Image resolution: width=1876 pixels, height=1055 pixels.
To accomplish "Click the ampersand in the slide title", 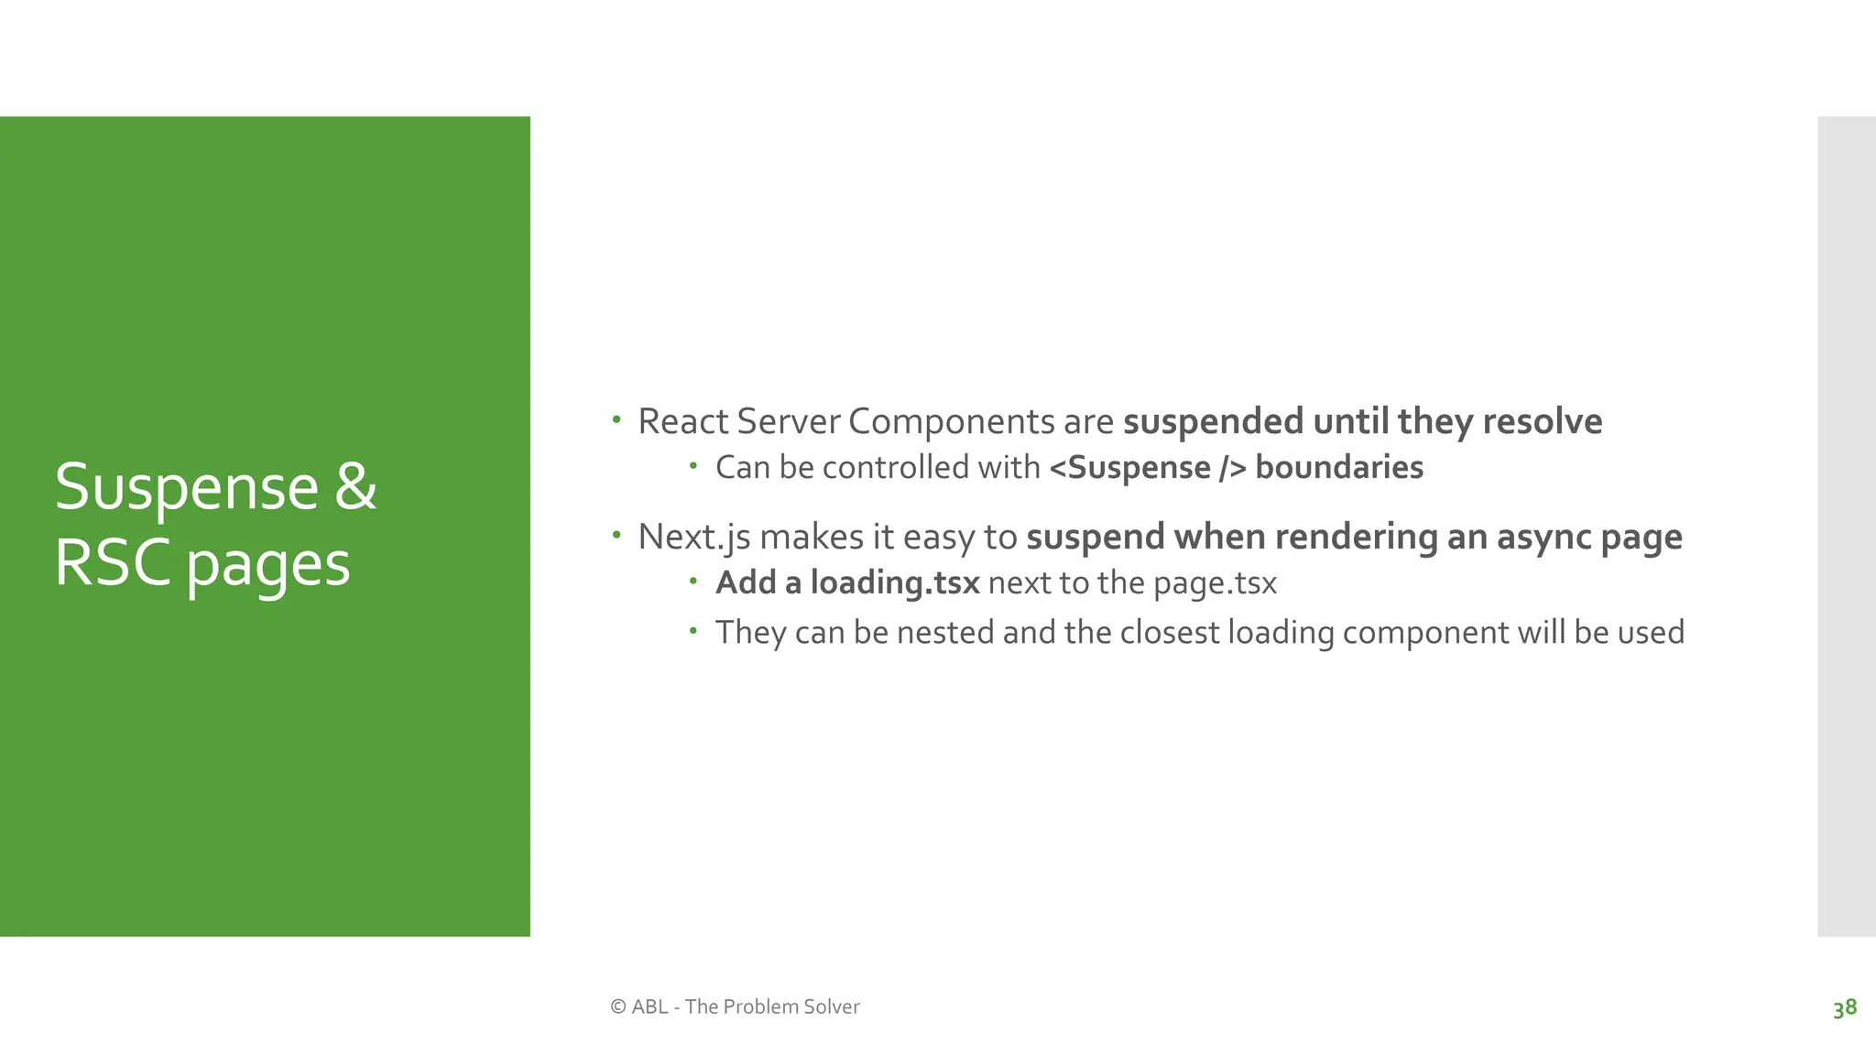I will pos(355,486).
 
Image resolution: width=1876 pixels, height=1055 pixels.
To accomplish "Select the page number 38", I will pos(1844,1007).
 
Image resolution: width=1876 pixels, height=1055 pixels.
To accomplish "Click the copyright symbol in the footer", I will pos(618,1006).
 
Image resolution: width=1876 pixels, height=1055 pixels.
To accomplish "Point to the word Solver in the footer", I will pos(831,1006).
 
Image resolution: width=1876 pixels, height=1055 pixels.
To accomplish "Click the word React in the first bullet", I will pos(682,421).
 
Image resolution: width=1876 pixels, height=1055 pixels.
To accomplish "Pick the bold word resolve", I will pos(1543,421).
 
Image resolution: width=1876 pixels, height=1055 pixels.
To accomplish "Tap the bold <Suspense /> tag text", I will pos(1148,467).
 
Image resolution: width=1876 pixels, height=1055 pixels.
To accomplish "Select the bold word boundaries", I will pos(1339,467).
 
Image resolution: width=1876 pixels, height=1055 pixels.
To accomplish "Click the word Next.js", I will pos(693,537).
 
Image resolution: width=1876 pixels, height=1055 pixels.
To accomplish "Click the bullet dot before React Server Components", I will pos(616,420).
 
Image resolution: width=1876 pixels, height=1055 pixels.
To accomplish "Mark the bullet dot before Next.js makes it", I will pos(616,535).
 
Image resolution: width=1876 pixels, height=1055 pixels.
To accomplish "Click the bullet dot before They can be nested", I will pos(693,630).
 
